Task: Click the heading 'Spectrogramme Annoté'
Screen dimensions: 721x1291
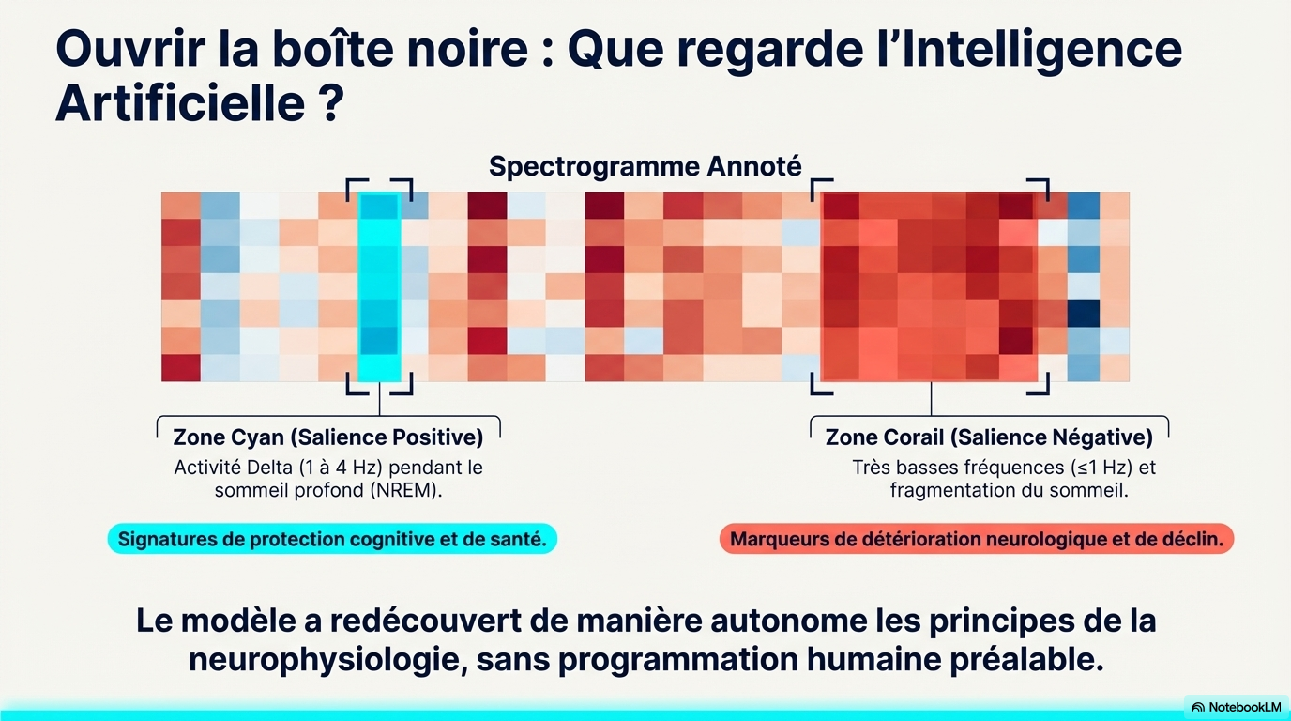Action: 645,167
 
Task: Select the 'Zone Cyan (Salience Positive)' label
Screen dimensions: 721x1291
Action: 328,437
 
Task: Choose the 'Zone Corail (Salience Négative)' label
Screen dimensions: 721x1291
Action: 989,437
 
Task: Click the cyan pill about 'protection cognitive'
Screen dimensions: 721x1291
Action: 332,539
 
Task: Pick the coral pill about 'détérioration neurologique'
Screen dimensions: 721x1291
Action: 976,539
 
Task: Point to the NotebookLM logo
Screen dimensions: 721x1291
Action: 1236,707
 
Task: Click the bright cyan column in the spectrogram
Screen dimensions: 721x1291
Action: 379,286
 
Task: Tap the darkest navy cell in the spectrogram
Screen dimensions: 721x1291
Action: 1084,313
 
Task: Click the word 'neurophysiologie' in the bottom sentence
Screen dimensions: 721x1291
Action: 324,659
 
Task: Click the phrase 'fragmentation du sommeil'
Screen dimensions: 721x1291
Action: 1009,490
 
